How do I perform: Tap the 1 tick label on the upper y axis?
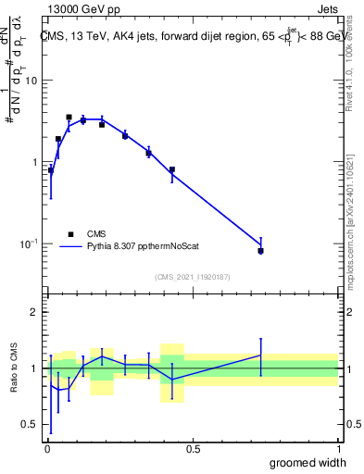[34, 162]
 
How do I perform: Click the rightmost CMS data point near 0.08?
[261, 251]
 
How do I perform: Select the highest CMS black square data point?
[69, 118]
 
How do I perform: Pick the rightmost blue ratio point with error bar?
[261, 355]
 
